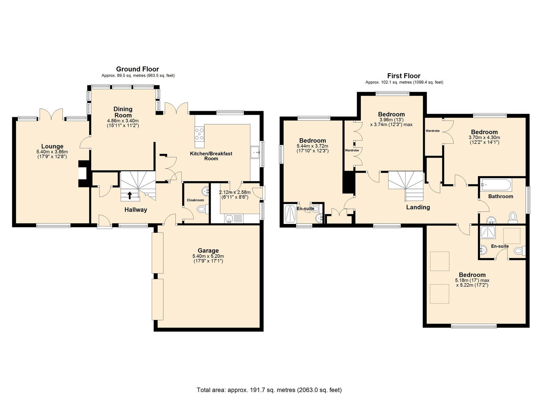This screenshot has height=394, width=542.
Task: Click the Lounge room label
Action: tap(52, 146)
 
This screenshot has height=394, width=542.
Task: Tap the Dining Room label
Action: tap(123, 112)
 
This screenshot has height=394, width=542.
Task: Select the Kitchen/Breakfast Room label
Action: tap(211, 156)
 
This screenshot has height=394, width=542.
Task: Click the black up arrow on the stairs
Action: tap(130, 195)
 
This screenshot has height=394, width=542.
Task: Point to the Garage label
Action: tap(208, 250)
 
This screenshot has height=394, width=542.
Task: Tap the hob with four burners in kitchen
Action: tap(200, 134)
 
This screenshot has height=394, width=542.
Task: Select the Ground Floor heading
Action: tap(138, 69)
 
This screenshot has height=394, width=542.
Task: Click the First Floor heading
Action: tap(404, 76)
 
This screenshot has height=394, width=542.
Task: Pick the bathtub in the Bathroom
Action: tap(496, 185)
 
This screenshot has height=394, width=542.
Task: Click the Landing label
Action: tap(418, 207)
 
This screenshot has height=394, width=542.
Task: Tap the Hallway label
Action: tap(136, 210)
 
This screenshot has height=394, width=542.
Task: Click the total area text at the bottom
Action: tap(269, 376)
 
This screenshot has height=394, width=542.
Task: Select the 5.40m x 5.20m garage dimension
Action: tap(208, 256)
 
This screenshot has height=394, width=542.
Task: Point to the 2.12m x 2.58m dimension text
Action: tap(235, 192)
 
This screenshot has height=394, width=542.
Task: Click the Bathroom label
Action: tap(501, 196)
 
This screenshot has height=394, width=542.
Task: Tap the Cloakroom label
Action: tap(195, 200)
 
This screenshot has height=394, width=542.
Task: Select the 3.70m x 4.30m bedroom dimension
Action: tap(484, 138)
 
